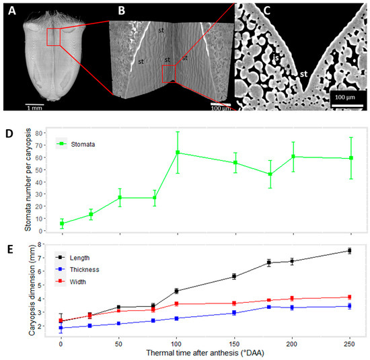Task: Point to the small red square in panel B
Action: (x=168, y=73)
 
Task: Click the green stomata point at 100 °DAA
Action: (x=177, y=153)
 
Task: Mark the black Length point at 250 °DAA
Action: (x=348, y=251)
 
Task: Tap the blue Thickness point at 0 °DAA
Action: (x=61, y=328)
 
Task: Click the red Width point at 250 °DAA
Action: (x=348, y=297)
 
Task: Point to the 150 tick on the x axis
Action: (x=234, y=343)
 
